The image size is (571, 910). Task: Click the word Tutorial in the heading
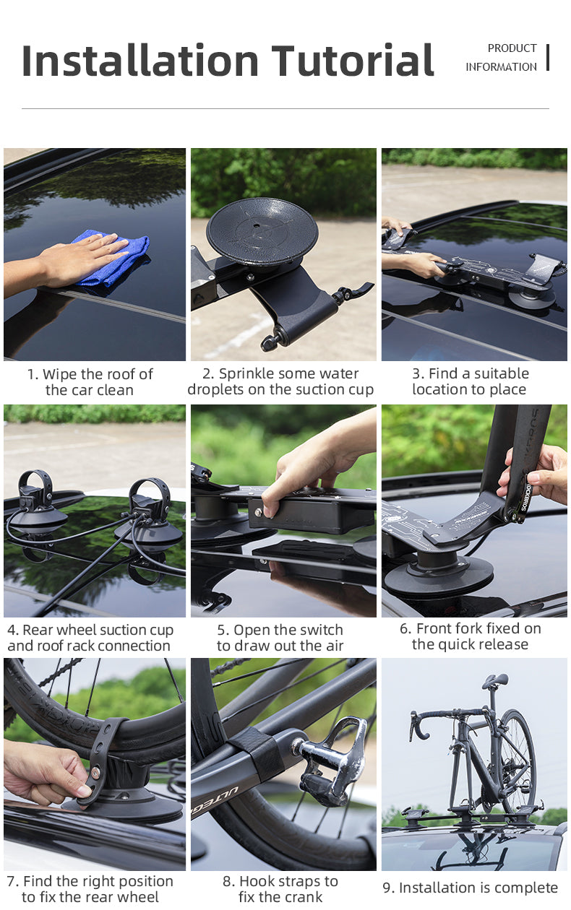(353, 61)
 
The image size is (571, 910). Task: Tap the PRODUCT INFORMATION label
(502, 58)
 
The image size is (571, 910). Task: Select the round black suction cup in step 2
(262, 232)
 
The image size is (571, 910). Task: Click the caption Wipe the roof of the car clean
(90, 382)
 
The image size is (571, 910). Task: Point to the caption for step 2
(280, 382)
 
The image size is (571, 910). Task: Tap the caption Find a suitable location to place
(471, 381)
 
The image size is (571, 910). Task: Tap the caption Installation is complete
(470, 888)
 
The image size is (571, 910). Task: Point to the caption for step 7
(90, 888)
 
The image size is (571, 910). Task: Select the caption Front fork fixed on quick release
(470, 636)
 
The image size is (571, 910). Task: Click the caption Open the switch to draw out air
(280, 638)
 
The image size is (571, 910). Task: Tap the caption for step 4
(90, 638)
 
